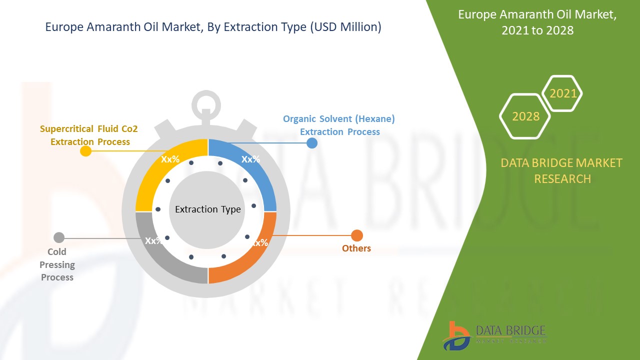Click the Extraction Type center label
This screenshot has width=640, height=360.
[x=207, y=209]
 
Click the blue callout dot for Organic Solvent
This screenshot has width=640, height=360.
[x=311, y=143]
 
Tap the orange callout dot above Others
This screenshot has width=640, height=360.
[x=357, y=235]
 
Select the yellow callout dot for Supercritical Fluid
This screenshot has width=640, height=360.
[x=86, y=151]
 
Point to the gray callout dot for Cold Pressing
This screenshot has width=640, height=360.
[x=59, y=237]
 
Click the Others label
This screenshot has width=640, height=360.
[x=356, y=248]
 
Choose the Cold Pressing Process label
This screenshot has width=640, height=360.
[x=57, y=264]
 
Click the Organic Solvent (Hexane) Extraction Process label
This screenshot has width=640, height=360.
[x=339, y=125]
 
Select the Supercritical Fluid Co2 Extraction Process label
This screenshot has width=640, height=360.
[x=89, y=135]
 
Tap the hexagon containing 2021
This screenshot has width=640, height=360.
[x=562, y=93]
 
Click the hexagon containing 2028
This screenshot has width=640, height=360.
[x=525, y=116]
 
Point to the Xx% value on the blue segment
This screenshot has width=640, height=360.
[x=250, y=159]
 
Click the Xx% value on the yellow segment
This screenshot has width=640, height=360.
[x=170, y=159]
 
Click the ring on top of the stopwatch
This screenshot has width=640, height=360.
[x=205, y=104]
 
